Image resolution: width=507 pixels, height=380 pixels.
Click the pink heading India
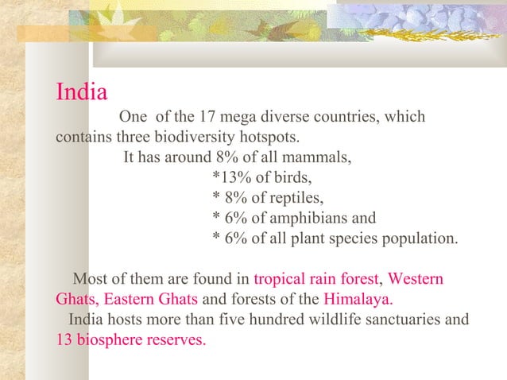coord(81,92)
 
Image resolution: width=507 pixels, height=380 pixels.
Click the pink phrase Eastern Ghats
coord(151,301)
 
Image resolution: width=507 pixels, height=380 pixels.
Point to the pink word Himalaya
coord(358,301)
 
